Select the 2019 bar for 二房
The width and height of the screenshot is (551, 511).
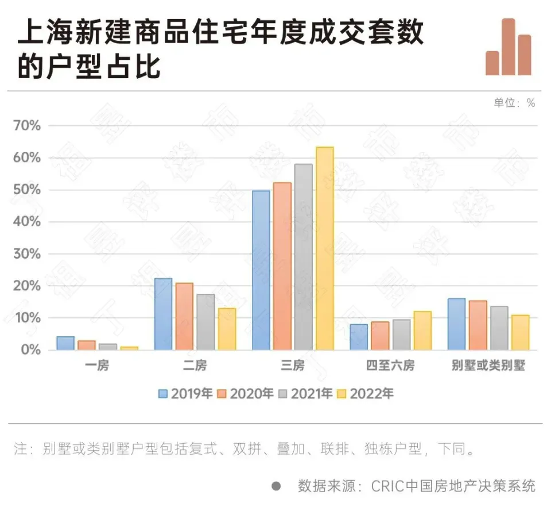point(163,314)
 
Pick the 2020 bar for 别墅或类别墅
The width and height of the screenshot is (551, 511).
point(478,325)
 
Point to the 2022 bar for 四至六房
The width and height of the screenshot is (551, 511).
point(422,331)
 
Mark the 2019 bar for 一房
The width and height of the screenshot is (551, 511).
point(65,343)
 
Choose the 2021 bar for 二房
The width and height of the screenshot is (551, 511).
point(205,322)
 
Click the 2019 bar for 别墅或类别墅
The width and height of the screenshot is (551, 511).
point(456,324)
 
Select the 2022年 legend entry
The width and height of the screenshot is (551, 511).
point(365,394)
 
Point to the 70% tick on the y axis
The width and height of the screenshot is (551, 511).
point(28,125)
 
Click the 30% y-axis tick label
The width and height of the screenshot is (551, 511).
point(28,253)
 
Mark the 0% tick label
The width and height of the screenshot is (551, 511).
point(31,349)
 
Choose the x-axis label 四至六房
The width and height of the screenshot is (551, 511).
point(390,366)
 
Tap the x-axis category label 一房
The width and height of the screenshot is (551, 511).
point(97,366)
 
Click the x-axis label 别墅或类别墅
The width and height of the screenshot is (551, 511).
point(488,366)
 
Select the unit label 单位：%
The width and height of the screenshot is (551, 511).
point(514,103)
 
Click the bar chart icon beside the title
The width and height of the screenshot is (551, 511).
point(508,47)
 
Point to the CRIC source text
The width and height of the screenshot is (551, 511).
point(416,486)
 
